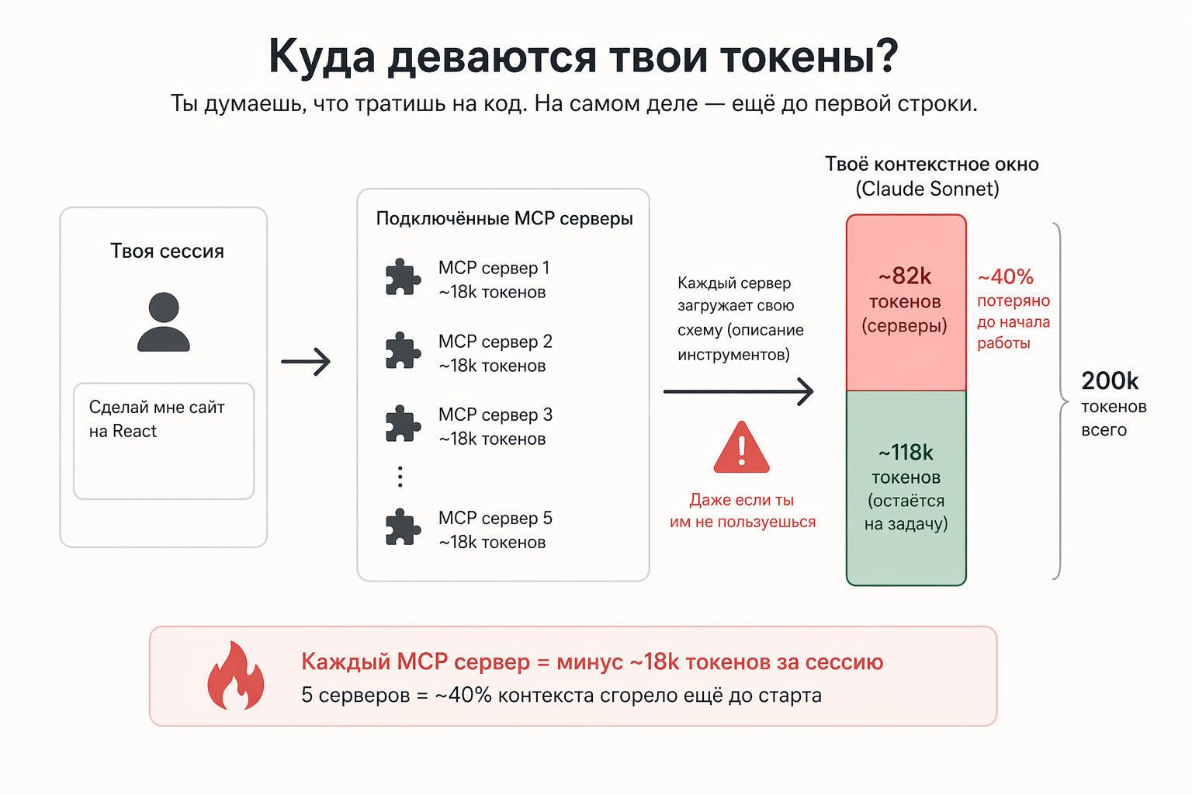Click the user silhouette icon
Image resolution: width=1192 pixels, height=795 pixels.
pyautogui.click(x=164, y=321)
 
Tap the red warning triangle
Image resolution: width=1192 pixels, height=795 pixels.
pyautogui.click(x=741, y=447)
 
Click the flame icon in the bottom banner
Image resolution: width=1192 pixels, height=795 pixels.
pyautogui.click(x=236, y=675)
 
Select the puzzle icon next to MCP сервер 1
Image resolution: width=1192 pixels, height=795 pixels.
pyautogui.click(x=403, y=276)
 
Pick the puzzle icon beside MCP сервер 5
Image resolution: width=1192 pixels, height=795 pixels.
pyautogui.click(x=403, y=527)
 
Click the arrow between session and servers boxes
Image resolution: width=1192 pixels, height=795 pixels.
pyautogui.click(x=306, y=362)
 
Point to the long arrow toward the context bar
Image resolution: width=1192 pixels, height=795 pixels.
pyautogui.click(x=739, y=391)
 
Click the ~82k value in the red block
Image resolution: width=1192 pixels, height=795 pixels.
pyautogui.click(x=905, y=276)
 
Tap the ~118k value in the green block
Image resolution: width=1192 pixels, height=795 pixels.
pyautogui.click(x=906, y=453)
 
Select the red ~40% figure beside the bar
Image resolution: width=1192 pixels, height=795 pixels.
pyautogui.click(x=1005, y=277)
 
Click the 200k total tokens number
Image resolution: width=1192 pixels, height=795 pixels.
pyautogui.click(x=1110, y=380)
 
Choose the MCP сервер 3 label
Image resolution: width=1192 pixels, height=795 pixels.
pyautogui.click(x=495, y=415)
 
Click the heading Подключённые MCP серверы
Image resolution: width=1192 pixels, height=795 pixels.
pyautogui.click(x=504, y=219)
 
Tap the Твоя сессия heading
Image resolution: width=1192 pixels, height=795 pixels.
pyautogui.click(x=167, y=251)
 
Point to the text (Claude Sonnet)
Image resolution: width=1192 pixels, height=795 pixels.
pyautogui.click(x=927, y=189)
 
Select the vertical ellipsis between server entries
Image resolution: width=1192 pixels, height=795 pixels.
pyautogui.click(x=400, y=477)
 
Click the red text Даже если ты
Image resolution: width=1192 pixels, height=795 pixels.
pyautogui.click(x=742, y=500)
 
